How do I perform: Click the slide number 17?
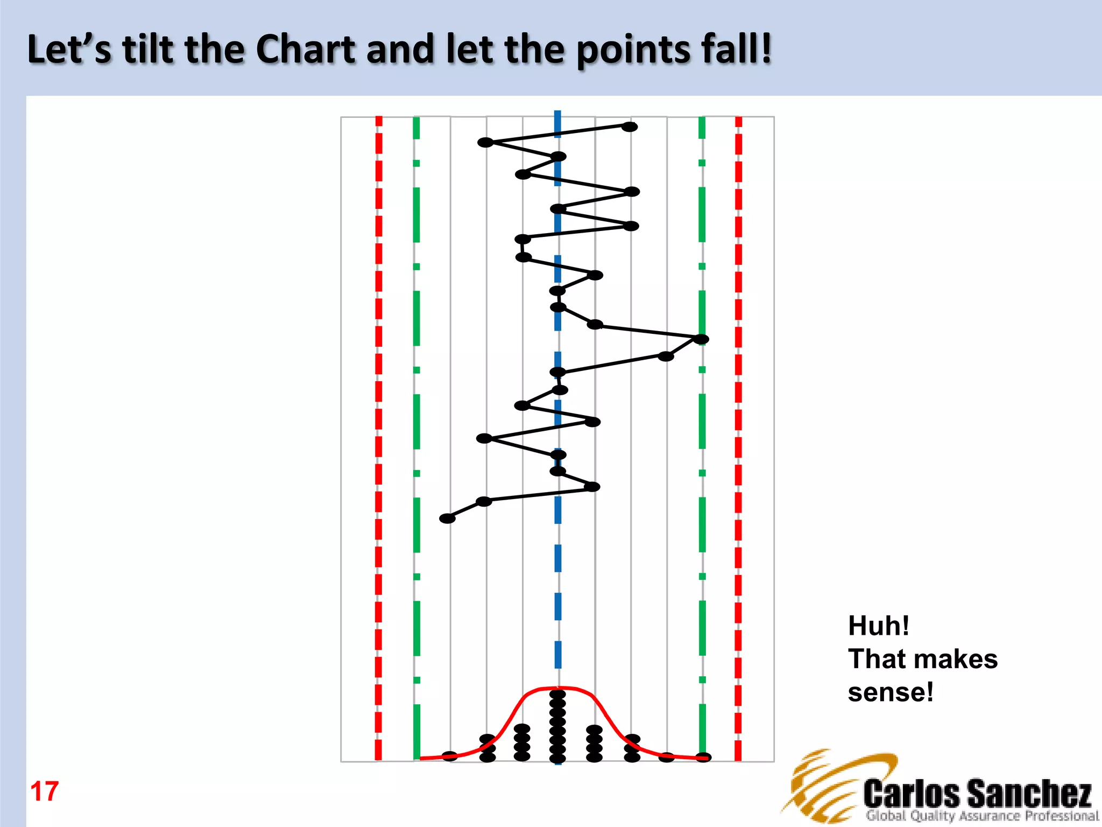(45, 791)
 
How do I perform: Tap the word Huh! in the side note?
(879, 626)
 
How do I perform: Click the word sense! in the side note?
(891, 692)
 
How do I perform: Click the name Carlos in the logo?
(912, 794)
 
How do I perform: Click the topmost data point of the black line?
(630, 127)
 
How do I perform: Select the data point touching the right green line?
(701, 339)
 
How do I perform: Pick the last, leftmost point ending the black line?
(447, 518)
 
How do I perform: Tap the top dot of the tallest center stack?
(557, 695)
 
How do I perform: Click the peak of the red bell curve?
(557, 688)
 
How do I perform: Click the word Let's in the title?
(69, 50)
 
